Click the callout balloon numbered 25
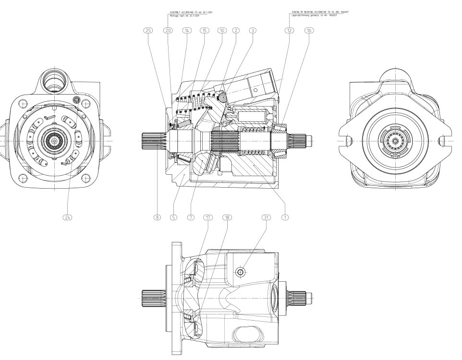tap(148, 30)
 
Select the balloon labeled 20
tap(168, 30)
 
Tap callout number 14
tap(186, 30)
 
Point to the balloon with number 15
tap(204, 30)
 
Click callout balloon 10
tap(221, 30)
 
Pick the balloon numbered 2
tap(236, 30)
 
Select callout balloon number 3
tap(252, 30)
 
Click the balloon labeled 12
tap(289, 30)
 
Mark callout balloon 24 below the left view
tap(68, 217)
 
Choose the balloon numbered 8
tap(157, 217)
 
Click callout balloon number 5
tap(173, 217)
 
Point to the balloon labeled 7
tap(191, 217)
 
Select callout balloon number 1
tap(285, 217)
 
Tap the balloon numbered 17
tap(208, 217)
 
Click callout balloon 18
tap(227, 217)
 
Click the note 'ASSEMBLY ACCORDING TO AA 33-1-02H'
tap(188, 11)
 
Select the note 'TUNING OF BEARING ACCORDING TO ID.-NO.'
tap(319, 11)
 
